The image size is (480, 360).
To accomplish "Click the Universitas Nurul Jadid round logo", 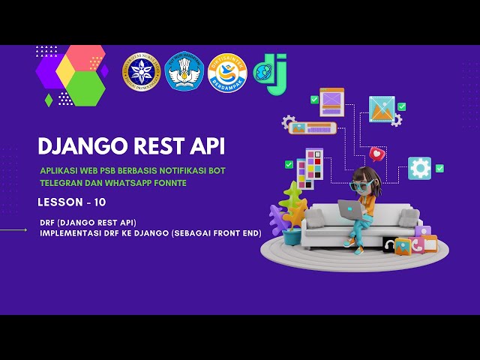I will [142, 72].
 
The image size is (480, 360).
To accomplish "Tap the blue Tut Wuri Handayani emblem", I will [184, 72].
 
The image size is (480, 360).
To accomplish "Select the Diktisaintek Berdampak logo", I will [226, 72].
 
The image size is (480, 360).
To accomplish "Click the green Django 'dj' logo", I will [271, 73].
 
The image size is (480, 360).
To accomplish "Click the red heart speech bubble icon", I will [377, 154].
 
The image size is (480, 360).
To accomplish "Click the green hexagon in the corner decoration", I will [88, 88].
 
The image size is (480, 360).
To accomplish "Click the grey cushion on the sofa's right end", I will [409, 217].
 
